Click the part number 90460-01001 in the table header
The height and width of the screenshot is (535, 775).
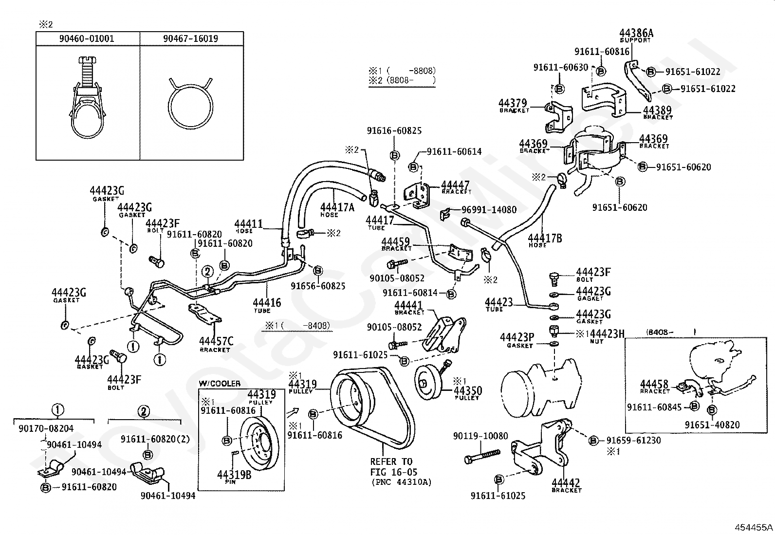click(x=88, y=38)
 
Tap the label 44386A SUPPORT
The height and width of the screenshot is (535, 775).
click(x=636, y=35)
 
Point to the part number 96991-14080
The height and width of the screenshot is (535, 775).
click(x=489, y=210)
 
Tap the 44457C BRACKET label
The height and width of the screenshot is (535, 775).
click(x=216, y=344)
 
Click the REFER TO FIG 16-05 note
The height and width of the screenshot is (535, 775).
click(x=391, y=466)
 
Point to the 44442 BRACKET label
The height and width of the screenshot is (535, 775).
click(x=566, y=485)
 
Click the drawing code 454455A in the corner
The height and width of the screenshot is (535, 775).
click(x=753, y=527)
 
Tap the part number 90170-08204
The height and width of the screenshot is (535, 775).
click(x=46, y=428)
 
